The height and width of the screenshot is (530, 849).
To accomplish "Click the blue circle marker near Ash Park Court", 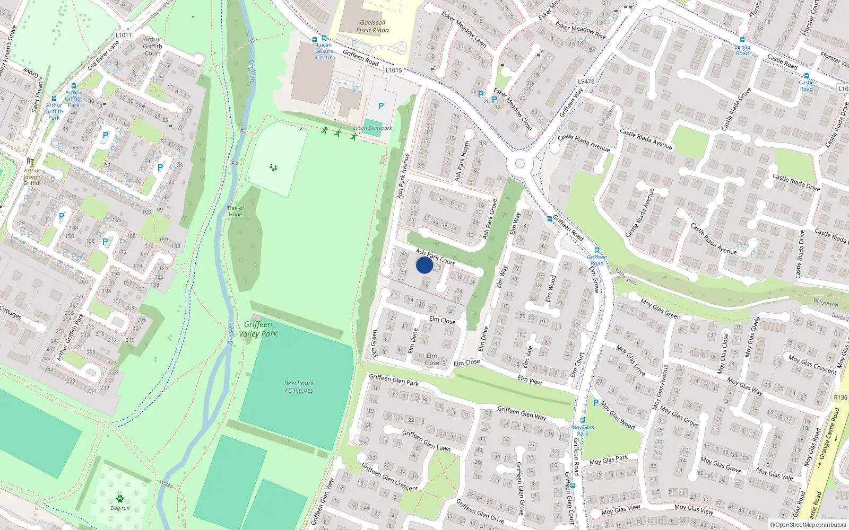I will pyautogui.click(x=424, y=265).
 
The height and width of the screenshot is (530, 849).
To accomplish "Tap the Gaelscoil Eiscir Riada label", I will pyautogui.click(x=372, y=26).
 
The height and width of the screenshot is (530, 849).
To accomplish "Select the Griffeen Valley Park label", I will pyautogui.click(x=258, y=329).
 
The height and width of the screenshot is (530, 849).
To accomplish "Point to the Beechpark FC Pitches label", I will pyautogui.click(x=299, y=387).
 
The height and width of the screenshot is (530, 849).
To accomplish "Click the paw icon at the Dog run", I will pyautogui.click(x=120, y=499).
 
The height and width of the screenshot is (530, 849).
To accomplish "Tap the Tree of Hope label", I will pyautogui.click(x=235, y=211).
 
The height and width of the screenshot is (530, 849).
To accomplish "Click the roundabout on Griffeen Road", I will pyautogui.click(x=519, y=164).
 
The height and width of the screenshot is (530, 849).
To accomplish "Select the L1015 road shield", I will pyautogui.click(x=393, y=70).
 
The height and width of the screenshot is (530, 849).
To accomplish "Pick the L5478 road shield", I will pyautogui.click(x=586, y=81).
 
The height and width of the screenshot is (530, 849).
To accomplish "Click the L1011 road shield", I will pyautogui.click(x=123, y=35).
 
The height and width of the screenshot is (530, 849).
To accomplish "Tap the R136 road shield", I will pyautogui.click(x=841, y=397).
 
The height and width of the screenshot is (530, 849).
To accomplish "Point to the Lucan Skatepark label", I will pyautogui.click(x=372, y=128).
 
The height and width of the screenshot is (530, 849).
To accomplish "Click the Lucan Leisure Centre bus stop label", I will pyautogui.click(x=324, y=51).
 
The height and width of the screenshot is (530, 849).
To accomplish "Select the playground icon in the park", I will pyautogui.click(x=273, y=167).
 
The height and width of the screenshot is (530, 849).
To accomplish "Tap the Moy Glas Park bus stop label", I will pyautogui.click(x=583, y=430).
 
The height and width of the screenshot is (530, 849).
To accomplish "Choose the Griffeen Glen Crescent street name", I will pyautogui.click(x=389, y=476).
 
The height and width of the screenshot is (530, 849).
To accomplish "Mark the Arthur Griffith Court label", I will pyautogui.click(x=152, y=46).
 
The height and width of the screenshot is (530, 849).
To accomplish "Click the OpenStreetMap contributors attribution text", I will pyautogui.click(x=808, y=525).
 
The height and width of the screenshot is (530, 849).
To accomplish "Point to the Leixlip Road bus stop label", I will pyautogui.click(x=742, y=50).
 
